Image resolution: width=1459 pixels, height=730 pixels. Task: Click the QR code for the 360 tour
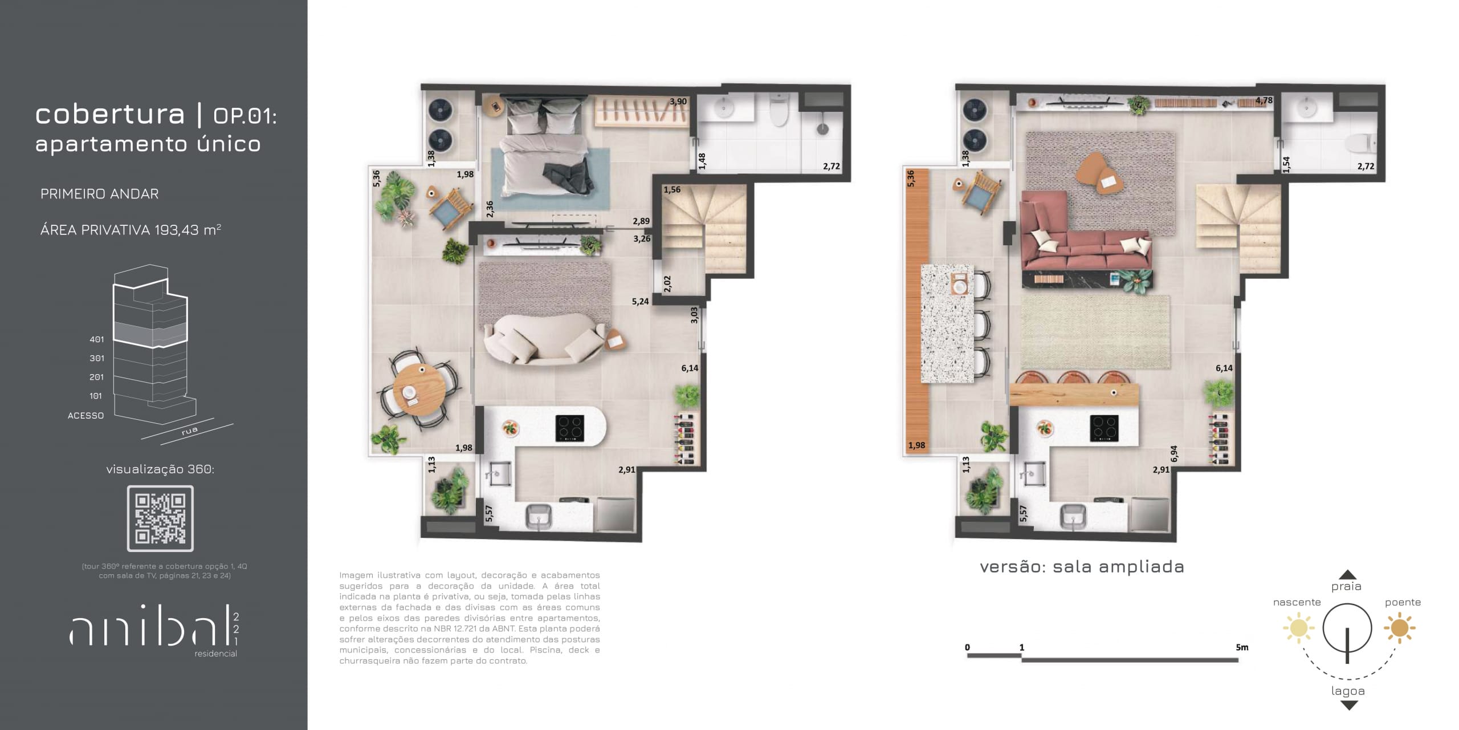[160, 518]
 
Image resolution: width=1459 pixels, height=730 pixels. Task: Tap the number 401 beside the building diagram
[97, 339]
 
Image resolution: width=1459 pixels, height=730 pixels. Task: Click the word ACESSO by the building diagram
[86, 416]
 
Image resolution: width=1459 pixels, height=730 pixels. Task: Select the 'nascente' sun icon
[1298, 628]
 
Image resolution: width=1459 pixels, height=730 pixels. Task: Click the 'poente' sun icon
[1399, 628]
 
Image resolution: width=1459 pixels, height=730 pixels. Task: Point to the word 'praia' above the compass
[1346, 586]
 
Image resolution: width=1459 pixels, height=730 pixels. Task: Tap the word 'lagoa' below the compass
[1348, 691]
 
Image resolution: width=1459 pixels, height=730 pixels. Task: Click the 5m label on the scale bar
[1242, 647]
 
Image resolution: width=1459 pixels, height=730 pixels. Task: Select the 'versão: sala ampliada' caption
[1082, 567]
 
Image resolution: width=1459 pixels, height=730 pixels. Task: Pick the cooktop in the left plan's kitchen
[570, 428]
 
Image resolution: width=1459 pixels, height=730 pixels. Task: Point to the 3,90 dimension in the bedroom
[678, 102]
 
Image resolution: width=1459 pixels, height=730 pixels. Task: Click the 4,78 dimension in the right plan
[1264, 100]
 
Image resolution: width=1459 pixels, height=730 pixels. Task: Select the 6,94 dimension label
[1174, 453]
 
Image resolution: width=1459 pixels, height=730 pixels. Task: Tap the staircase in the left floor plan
[704, 228]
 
